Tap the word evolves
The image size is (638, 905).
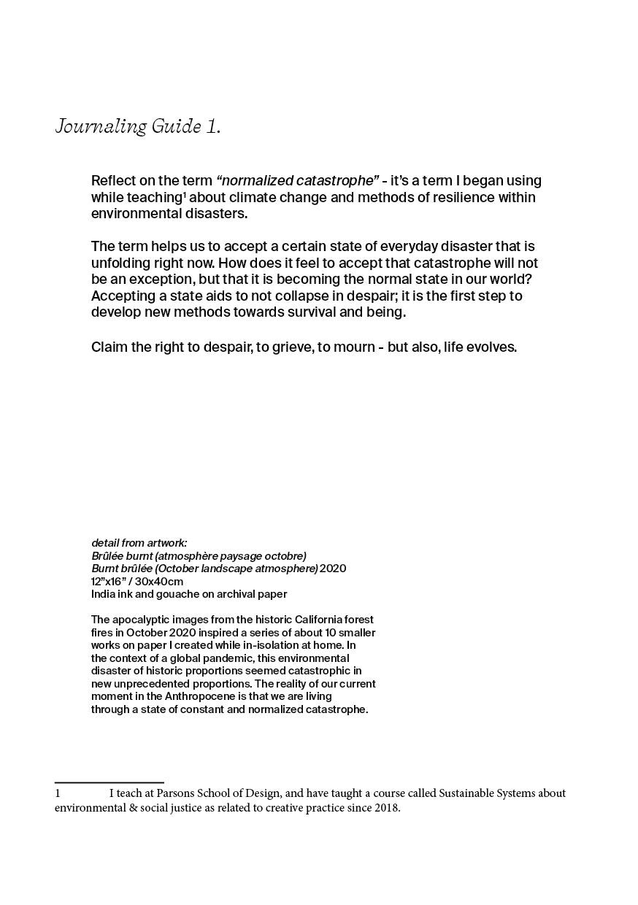492,347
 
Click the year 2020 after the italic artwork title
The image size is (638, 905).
333,569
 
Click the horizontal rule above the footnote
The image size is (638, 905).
109,782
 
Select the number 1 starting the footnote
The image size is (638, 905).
58,793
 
